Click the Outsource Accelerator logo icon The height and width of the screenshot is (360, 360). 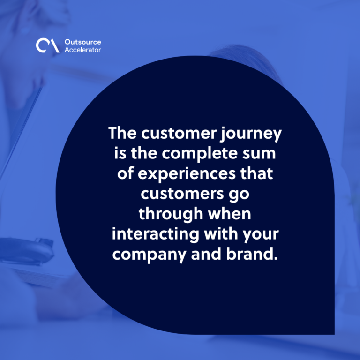[47, 45]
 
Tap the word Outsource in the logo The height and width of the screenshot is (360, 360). [83, 42]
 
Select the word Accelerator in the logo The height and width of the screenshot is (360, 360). [82, 50]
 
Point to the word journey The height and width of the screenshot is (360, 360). [251, 135]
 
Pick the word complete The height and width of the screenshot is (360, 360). [200, 154]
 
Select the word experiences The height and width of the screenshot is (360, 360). [187, 174]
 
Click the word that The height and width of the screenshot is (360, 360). [257, 173]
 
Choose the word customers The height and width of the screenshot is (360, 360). [182, 194]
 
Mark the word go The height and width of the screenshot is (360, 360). [239, 195]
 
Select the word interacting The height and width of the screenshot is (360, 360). [156, 235]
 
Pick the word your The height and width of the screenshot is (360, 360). [261, 236]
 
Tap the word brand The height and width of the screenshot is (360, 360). [252, 254]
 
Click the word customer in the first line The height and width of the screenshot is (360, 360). [179, 134]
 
